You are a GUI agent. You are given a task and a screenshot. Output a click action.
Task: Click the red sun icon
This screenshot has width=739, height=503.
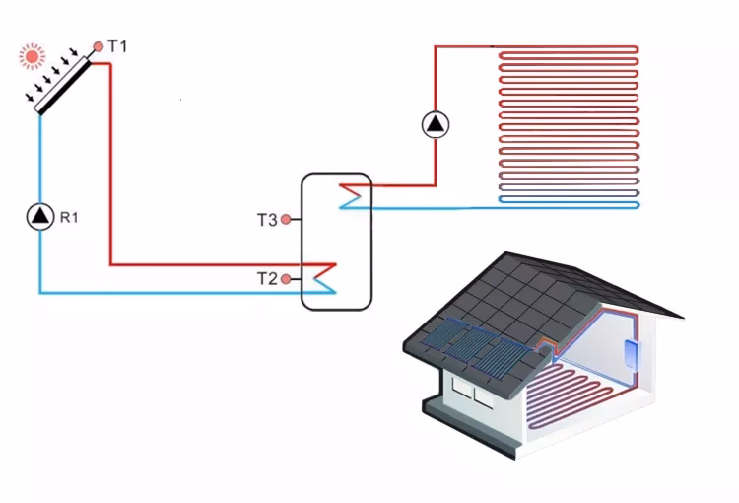click(33, 57)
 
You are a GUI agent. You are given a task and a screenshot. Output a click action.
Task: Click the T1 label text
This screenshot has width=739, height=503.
click(117, 46)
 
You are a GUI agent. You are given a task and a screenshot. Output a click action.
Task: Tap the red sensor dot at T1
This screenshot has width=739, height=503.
click(99, 46)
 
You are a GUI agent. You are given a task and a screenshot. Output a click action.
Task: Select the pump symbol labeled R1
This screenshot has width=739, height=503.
click(39, 216)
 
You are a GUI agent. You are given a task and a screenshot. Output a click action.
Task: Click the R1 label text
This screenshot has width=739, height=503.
click(69, 217)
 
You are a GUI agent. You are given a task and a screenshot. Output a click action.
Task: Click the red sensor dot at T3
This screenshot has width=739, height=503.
click(286, 220)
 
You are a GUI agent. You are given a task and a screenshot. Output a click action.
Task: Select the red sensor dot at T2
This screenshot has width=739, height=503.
click(286, 279)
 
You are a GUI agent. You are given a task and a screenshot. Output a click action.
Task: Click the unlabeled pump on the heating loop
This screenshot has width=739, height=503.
click(435, 124)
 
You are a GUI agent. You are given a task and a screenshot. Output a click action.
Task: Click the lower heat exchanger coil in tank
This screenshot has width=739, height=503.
click(323, 276)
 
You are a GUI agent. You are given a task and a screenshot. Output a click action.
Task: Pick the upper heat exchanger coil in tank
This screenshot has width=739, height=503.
click(351, 195)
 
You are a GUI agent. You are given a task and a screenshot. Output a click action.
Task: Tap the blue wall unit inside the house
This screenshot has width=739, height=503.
click(631, 350)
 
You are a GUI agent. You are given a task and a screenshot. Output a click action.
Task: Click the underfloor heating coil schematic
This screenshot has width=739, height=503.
click(570, 123)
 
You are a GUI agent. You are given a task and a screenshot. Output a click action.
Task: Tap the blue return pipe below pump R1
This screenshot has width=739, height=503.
click(39, 266)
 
